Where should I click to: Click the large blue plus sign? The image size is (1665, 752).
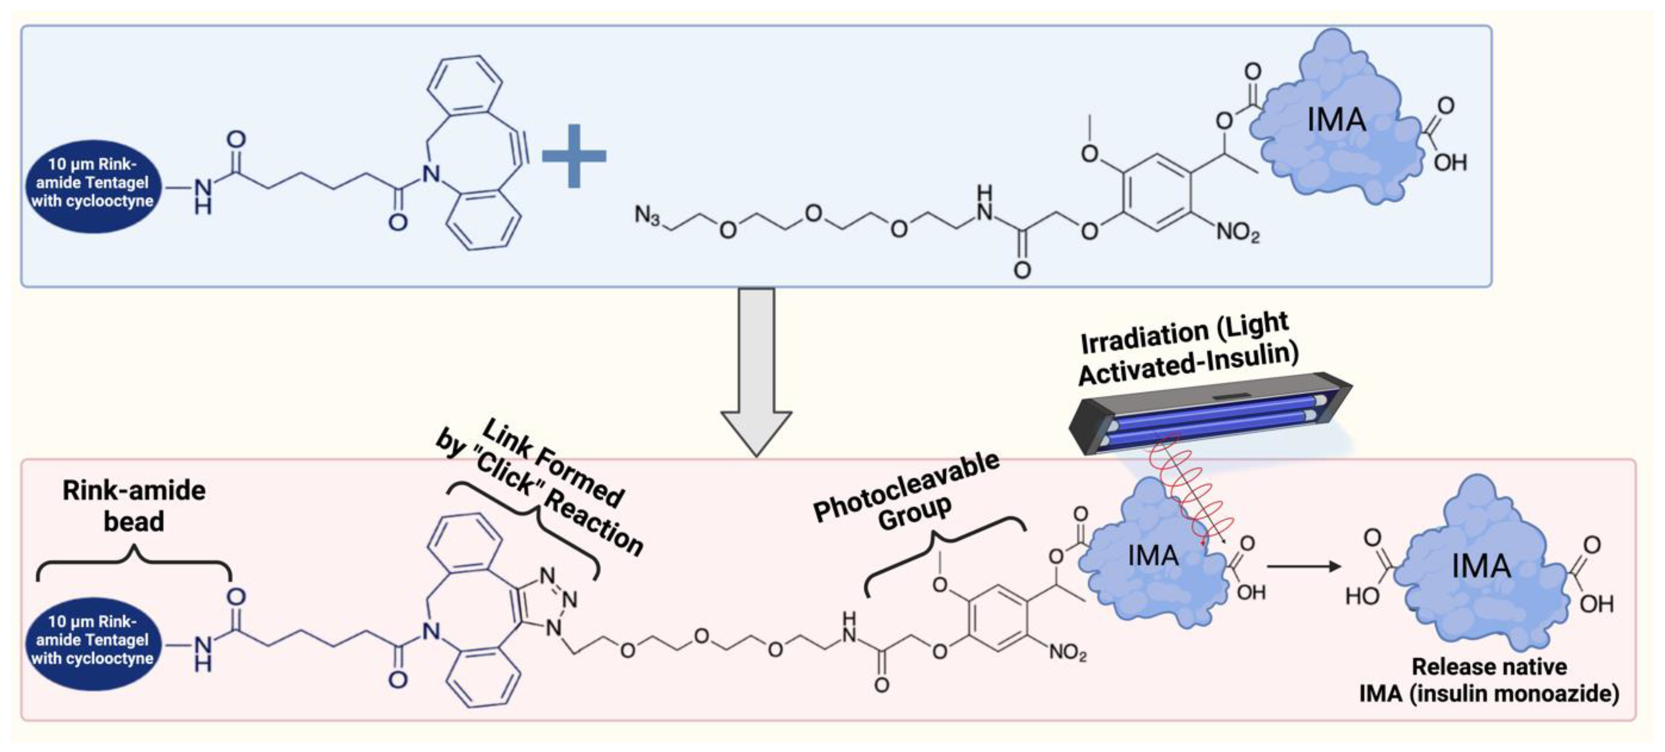573,156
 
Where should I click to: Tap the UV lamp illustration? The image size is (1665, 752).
1209,414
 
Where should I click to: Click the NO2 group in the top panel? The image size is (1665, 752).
1238,232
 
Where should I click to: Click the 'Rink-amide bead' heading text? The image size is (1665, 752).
134,506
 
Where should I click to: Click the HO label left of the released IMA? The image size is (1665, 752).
1362,596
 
